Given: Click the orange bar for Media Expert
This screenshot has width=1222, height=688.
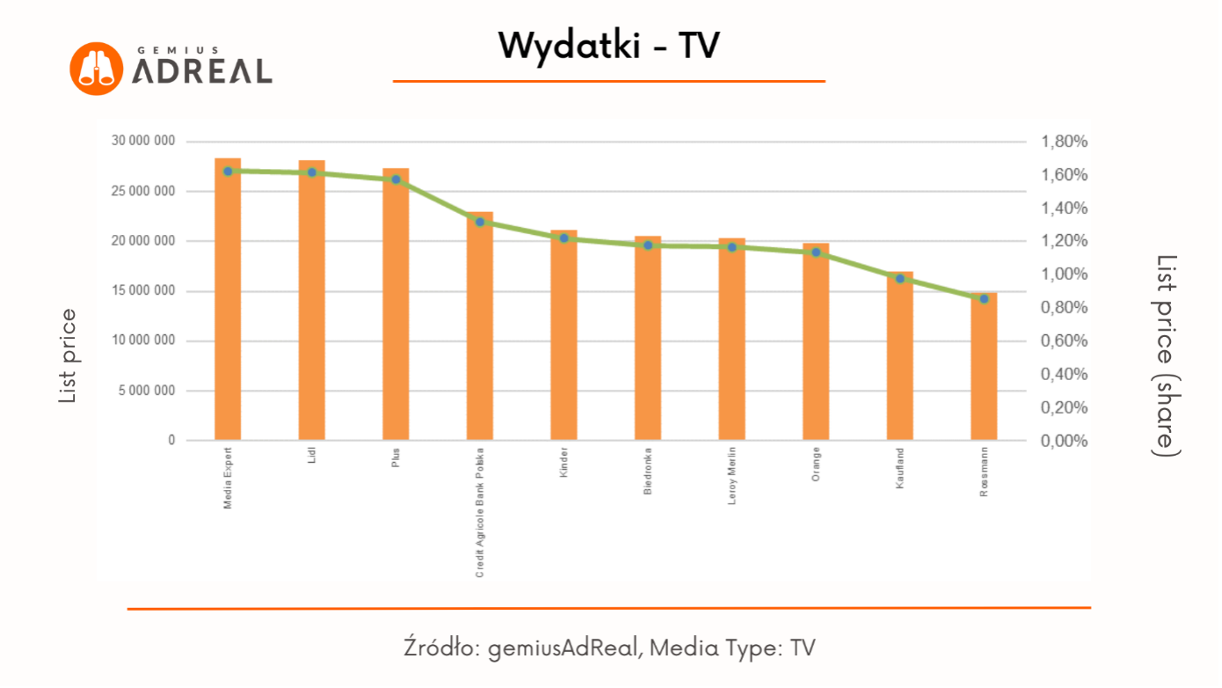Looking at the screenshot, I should (228, 299).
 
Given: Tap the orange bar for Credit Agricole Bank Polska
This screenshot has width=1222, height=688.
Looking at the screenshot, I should (480, 326).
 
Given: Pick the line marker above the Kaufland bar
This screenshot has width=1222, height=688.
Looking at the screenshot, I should (899, 279).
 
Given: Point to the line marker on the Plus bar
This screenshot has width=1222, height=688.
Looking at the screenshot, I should (396, 179).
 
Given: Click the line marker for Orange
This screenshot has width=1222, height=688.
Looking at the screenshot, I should (816, 253).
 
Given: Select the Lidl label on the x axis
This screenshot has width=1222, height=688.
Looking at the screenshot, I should (312, 456).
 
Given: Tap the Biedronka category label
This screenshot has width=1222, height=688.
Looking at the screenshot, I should (648, 471).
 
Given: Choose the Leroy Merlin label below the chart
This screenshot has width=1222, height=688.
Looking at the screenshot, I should (732, 476).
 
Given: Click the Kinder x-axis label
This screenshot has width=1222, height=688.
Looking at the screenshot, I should (564, 463).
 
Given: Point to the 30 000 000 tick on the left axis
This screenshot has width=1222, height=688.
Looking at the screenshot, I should (143, 141).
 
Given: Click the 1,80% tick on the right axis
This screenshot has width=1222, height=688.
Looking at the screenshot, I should (1065, 142).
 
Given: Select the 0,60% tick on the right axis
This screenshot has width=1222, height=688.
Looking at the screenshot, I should (1065, 341).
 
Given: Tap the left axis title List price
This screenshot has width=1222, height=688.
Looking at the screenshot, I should (68, 356).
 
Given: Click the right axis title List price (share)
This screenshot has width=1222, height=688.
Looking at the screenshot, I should (1167, 355).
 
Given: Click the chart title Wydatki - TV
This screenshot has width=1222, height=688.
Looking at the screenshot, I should (608, 45).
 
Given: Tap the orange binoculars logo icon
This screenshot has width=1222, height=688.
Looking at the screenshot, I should (95, 68).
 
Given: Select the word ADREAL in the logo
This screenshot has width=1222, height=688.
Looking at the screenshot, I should (202, 71).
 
